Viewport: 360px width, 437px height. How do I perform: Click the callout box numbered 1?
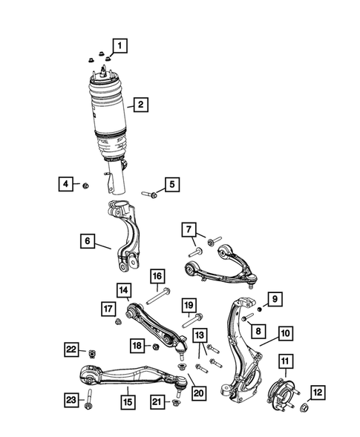pyautogui.click(x=120, y=46)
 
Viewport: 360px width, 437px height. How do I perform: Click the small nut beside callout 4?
pyautogui.click(x=85, y=185)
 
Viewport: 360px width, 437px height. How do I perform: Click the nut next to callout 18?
pyautogui.click(x=156, y=347)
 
